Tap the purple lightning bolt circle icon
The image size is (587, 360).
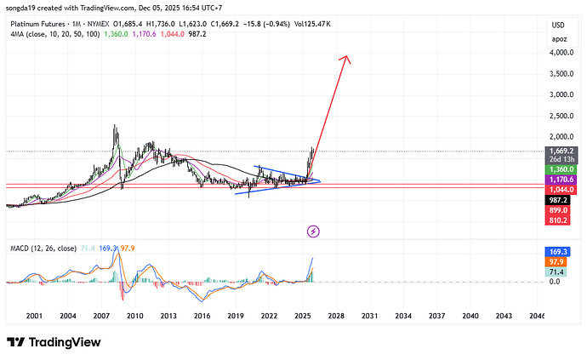(x=313, y=231)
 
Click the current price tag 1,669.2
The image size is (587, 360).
(x=559, y=151)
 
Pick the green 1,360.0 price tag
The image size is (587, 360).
(x=559, y=169)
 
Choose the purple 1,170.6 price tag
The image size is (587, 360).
(x=559, y=180)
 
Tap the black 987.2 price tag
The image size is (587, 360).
(x=559, y=199)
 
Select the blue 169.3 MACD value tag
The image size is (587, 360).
(x=559, y=252)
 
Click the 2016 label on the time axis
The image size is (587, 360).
(x=202, y=315)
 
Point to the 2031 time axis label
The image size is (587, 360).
(x=369, y=315)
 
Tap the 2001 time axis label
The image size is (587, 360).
(x=34, y=315)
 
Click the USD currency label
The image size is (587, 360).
(x=559, y=24)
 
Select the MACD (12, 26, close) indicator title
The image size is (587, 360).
(x=50, y=249)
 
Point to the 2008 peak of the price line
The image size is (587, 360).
(x=116, y=126)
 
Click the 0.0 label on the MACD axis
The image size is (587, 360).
(x=554, y=281)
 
